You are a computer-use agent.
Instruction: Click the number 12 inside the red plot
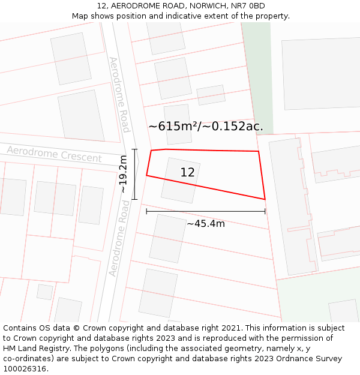[187, 173]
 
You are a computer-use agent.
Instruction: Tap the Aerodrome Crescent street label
[54, 154]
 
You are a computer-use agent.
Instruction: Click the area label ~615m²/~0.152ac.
[206, 127]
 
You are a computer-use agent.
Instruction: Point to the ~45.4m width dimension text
[206, 224]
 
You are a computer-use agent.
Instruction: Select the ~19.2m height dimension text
[123, 174]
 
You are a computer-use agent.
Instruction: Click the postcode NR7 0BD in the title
[248, 6]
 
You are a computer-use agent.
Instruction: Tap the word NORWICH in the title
[202, 6]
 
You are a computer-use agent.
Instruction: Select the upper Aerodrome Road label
[119, 95]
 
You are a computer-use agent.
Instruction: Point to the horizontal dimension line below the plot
[205, 211]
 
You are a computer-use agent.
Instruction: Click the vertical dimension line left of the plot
[134, 174]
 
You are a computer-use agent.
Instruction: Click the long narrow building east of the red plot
[293, 204]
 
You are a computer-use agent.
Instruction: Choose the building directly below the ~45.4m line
[167, 238]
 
